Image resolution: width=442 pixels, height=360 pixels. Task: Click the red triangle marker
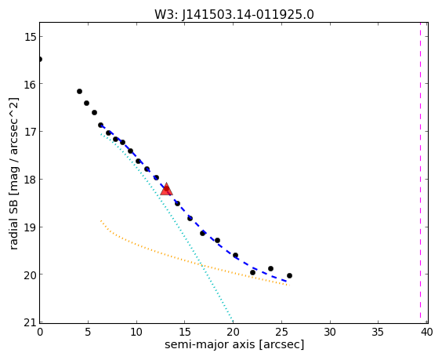[166, 189]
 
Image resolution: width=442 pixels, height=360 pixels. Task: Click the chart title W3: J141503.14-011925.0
[234, 14]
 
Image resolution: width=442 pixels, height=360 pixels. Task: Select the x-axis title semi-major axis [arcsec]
[234, 344]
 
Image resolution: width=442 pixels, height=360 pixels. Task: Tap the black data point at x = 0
[40, 59]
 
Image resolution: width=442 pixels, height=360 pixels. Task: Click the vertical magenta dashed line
[420, 173]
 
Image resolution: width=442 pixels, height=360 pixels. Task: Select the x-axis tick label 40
[427, 332]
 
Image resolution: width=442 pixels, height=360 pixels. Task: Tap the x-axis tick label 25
[281, 332]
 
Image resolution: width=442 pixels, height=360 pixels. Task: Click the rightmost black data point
[289, 275]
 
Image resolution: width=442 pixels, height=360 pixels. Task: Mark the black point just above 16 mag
[79, 91]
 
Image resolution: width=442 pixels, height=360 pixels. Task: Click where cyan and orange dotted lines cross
[201, 265]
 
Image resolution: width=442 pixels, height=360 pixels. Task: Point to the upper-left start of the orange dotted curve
[101, 220]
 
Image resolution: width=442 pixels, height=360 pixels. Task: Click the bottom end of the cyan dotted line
[233, 322]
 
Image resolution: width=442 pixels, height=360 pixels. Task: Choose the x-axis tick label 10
[136, 332]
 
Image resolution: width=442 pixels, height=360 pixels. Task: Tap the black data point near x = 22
[252, 272]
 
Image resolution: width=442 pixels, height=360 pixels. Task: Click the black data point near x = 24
[270, 268]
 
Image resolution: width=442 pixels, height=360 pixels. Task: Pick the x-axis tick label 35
[378, 332]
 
